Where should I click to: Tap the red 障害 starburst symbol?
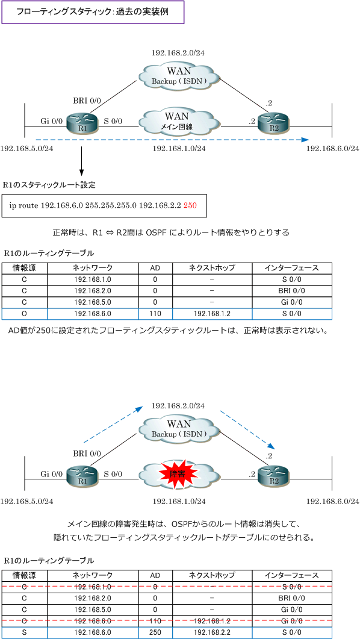pyautogui.click(x=179, y=473)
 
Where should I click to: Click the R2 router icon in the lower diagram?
pyautogui.click(x=273, y=475)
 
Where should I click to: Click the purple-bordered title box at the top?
pyautogui.click(x=94, y=12)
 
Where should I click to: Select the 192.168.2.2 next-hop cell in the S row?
pyautogui.click(x=212, y=632)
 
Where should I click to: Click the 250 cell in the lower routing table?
pyautogui.click(x=155, y=632)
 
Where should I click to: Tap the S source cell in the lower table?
pyautogui.click(x=25, y=632)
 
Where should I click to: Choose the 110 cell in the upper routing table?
pyautogui.click(x=155, y=313)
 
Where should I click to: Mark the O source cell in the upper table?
pyautogui.click(x=25, y=313)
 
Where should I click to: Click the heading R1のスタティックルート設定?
pyautogui.click(x=49, y=185)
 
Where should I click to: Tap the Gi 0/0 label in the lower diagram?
pyautogui.click(x=52, y=475)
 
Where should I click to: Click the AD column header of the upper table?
pyautogui.click(x=155, y=268)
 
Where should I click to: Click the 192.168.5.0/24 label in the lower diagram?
pyautogui.click(x=27, y=501)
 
